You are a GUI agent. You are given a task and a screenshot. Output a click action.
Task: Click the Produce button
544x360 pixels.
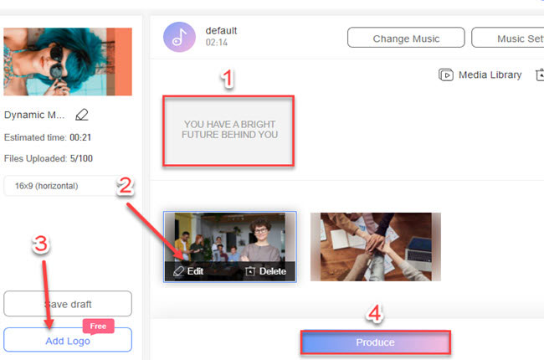click(x=375, y=342)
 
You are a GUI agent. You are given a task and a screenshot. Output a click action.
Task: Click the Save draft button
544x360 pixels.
click(x=67, y=304)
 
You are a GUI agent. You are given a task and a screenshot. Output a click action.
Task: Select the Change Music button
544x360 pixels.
click(x=405, y=38)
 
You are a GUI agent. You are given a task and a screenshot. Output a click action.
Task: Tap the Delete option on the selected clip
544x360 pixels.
click(x=265, y=271)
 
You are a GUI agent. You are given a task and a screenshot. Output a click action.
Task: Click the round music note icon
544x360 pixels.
click(x=178, y=38)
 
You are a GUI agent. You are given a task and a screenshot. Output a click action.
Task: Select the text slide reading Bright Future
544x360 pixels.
click(x=230, y=130)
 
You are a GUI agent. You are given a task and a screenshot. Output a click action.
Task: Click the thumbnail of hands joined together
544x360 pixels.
click(x=375, y=246)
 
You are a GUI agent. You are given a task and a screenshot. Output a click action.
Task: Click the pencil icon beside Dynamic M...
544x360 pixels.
click(x=81, y=115)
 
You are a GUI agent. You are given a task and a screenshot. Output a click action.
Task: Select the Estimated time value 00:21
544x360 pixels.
click(x=85, y=137)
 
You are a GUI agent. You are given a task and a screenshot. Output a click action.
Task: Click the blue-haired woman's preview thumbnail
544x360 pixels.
click(x=67, y=63)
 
